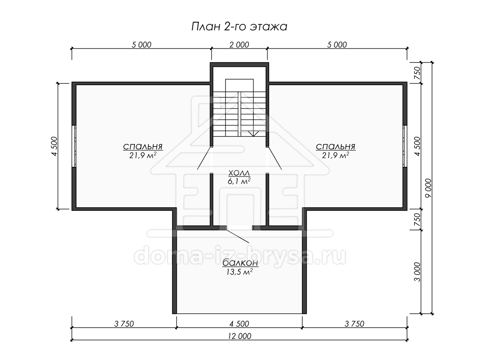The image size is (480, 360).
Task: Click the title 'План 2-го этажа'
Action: coord(239,27)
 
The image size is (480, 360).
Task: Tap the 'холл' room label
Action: coord(239,173)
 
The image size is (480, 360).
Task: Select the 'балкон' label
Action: coord(240,263)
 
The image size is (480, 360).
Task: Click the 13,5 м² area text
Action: coord(240,272)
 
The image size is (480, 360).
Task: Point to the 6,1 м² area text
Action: coord(239,181)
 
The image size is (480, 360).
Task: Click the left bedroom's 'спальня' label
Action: coord(142,146)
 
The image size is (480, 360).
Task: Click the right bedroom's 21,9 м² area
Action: coord(336,156)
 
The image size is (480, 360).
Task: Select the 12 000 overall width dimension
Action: coord(240,336)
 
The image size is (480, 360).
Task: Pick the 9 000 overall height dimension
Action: coord(429,188)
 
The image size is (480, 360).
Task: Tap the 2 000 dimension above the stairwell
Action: coord(239,45)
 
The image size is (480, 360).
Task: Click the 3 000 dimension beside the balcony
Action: coord(418,272)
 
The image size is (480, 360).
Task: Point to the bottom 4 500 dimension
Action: coord(239,324)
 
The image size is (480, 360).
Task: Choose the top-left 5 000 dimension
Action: coord(142,45)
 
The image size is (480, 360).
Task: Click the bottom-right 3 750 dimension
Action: coord(354,324)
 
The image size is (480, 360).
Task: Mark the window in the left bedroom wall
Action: coord(74,146)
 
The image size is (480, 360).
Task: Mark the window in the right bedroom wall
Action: coord(405,146)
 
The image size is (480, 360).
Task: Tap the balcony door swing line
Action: coord(238,236)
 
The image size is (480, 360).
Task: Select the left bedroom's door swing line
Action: coord(204,158)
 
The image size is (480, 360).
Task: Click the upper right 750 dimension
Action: coord(418,73)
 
